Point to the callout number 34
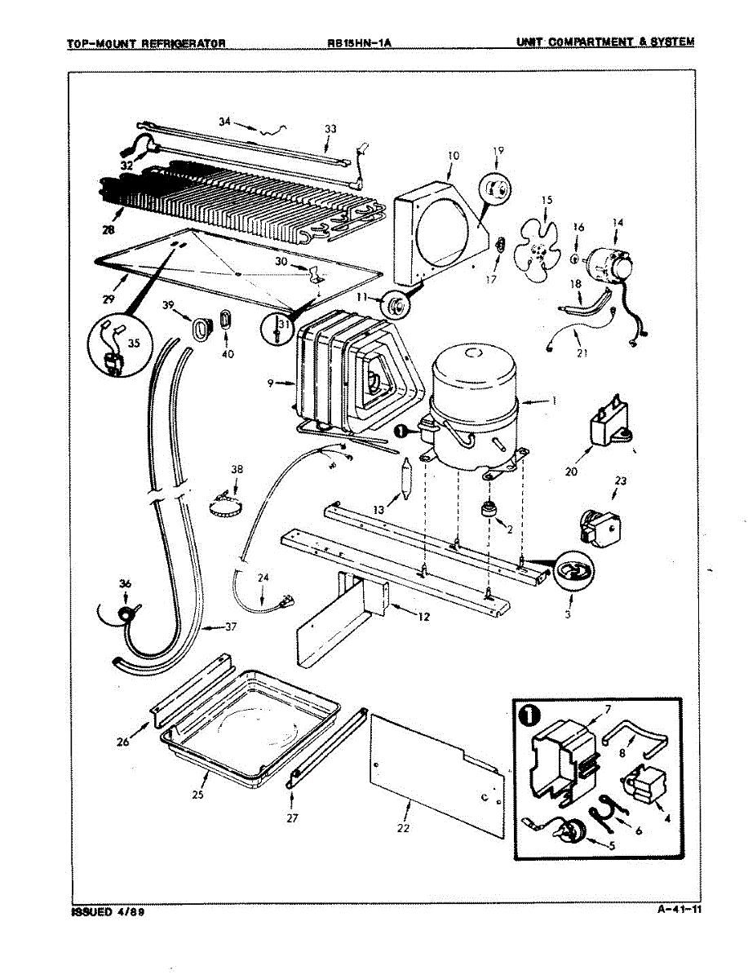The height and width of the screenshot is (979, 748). pyautogui.click(x=225, y=122)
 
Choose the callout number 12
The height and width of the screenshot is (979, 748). pyautogui.click(x=423, y=617)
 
